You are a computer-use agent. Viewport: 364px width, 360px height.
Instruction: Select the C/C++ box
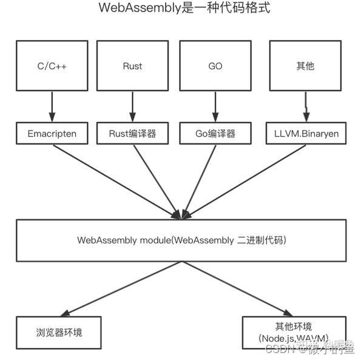pos(52,66)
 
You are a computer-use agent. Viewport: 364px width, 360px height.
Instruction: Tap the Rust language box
pos(132,66)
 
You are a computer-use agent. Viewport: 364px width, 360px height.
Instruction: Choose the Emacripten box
pos(52,133)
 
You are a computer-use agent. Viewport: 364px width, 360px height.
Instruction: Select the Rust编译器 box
pos(132,133)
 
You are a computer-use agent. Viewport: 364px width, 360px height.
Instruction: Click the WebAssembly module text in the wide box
pos(182,240)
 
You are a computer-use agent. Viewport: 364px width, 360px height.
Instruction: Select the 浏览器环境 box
pos(57,333)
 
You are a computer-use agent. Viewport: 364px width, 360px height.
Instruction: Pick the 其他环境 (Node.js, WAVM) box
pos(294,332)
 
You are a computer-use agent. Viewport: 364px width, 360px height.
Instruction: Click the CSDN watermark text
pos(280,349)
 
